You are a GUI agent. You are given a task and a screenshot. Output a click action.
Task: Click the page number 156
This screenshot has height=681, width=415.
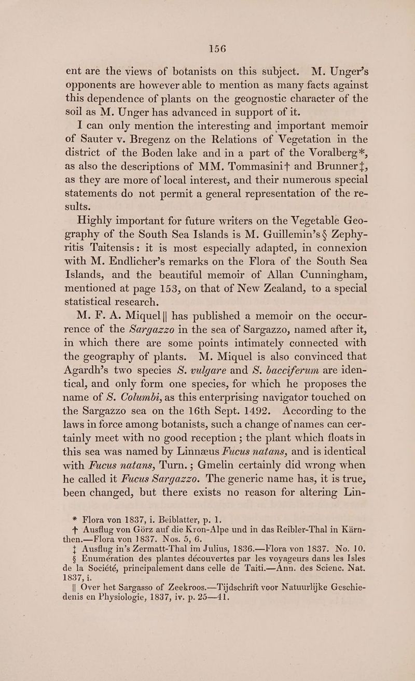[207, 49]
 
